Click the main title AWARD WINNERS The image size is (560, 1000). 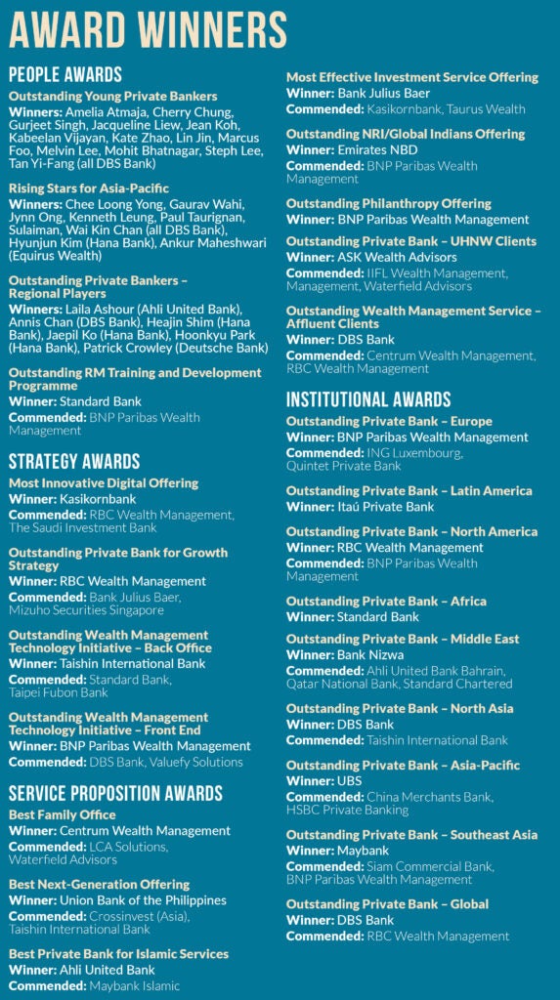tap(148, 29)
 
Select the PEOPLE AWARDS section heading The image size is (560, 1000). tap(65, 74)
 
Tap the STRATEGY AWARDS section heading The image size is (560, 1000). tap(74, 461)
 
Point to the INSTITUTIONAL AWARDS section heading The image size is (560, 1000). tap(368, 399)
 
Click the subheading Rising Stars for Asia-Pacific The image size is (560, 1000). tap(89, 187)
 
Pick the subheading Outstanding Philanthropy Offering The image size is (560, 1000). tap(389, 203)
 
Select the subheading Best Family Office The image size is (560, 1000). tap(63, 814)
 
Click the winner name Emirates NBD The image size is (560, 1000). tap(378, 150)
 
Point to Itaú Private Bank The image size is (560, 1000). tap(387, 507)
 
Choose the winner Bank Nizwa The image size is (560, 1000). tap(373, 654)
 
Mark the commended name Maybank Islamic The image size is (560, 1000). tap(130, 985)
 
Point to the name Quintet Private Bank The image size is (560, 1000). tap(344, 466)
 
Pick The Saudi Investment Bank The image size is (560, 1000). tap(83, 527)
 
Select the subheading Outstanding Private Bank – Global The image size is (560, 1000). tap(387, 904)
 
